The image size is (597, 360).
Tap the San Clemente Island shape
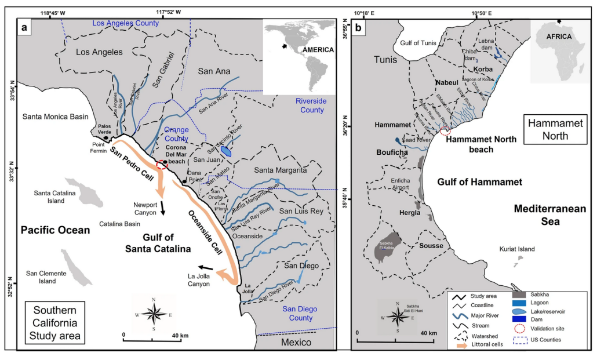[x=77, y=267]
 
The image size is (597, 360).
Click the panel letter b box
[x=359, y=28]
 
